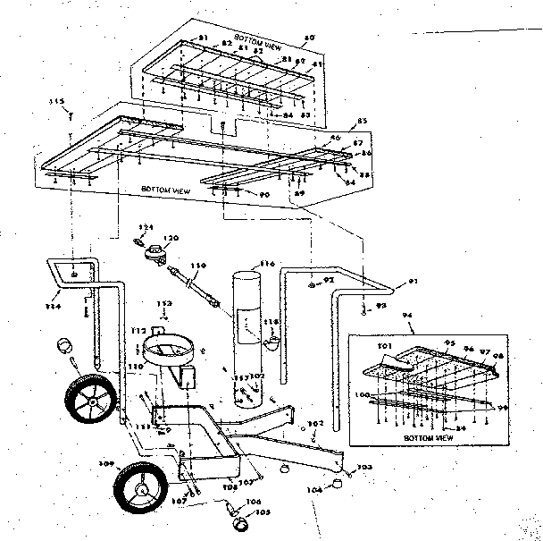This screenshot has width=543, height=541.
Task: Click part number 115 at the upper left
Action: tap(61, 104)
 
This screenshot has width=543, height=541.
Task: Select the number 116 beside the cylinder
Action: tap(266, 265)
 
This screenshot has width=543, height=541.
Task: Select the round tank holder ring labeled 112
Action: tap(170, 345)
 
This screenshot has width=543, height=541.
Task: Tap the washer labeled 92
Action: tap(309, 285)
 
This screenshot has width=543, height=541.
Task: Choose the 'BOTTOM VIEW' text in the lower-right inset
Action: tap(422, 439)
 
